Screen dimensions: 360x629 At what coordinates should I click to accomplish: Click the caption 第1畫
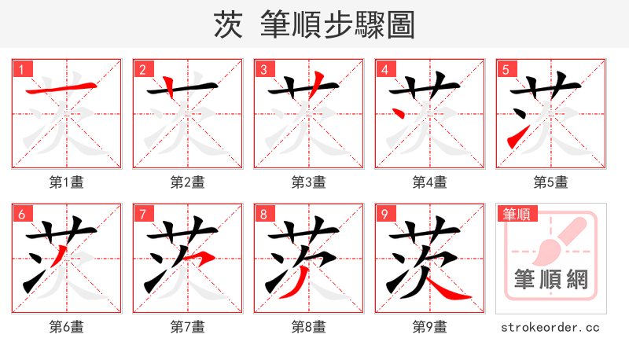[x=67, y=182]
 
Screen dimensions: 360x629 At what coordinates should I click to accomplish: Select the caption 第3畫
[x=309, y=182]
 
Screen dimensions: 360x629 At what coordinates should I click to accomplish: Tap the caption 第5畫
[x=551, y=182]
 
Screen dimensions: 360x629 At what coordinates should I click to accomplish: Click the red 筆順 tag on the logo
[x=517, y=214]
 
